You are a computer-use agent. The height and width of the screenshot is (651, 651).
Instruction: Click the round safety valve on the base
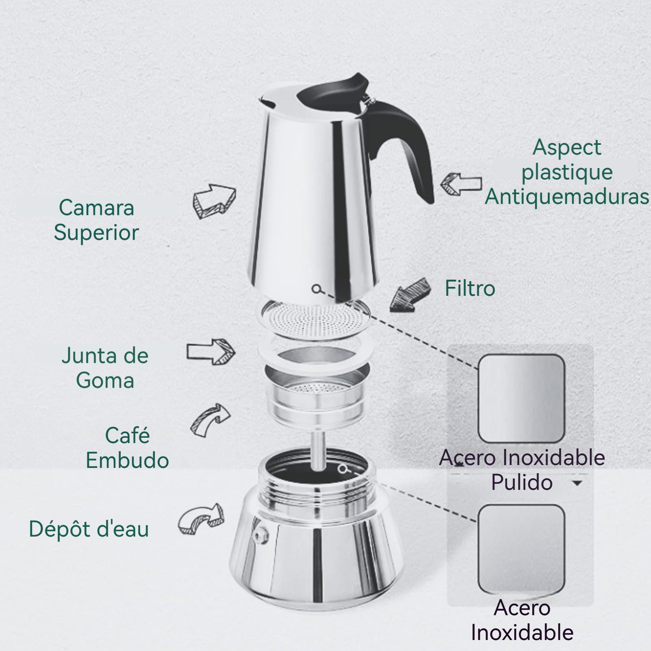pyautogui.click(x=260, y=533)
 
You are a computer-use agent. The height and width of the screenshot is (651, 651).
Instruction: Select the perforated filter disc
pyautogui.click(x=316, y=320)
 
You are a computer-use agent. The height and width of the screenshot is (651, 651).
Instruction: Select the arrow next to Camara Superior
pyautogui.click(x=214, y=201)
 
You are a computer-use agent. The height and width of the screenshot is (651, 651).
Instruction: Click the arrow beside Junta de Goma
pyautogui.click(x=211, y=352)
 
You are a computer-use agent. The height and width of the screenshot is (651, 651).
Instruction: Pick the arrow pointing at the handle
pyautogui.click(x=461, y=184)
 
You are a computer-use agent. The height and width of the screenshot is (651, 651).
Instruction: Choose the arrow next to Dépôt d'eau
pyautogui.click(x=201, y=519)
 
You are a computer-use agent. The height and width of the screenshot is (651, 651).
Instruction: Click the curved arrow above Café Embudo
pyautogui.click(x=210, y=421)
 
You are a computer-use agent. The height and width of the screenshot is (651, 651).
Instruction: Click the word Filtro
pyautogui.click(x=470, y=288)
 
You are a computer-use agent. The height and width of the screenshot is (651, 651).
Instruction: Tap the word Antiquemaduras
pyautogui.click(x=567, y=197)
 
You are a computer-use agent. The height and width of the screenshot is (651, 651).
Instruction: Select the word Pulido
pyautogui.click(x=522, y=483)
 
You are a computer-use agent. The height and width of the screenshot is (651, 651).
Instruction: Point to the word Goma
pyautogui.click(x=105, y=380)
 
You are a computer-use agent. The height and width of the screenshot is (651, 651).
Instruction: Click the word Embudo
pyautogui.click(x=127, y=460)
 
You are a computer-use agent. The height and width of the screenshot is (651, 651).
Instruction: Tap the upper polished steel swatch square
pyautogui.click(x=521, y=399)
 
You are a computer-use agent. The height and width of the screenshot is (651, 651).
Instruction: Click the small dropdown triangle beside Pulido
pyautogui.click(x=577, y=483)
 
